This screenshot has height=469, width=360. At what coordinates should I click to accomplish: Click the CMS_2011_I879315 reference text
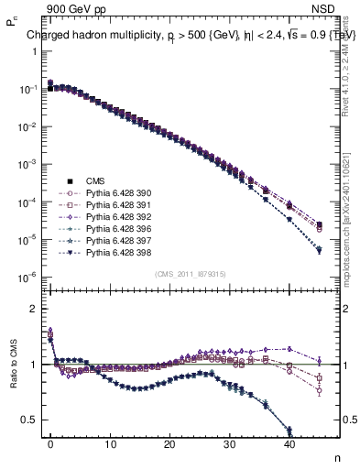click(x=191, y=274)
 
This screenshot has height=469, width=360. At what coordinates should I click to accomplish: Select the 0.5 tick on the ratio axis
click(x=27, y=420)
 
